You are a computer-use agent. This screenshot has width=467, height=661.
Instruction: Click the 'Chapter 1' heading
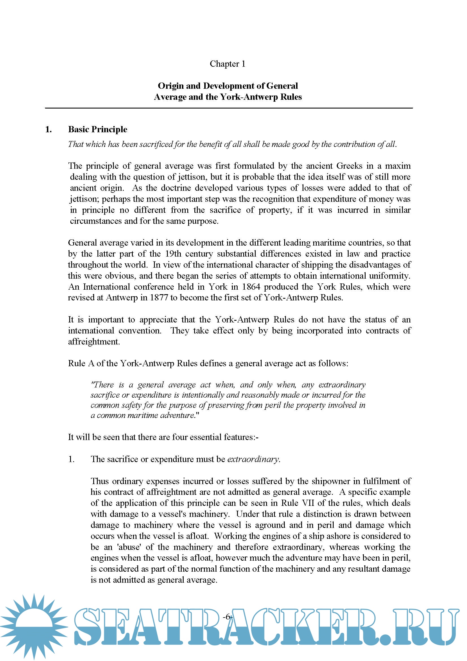[227, 64]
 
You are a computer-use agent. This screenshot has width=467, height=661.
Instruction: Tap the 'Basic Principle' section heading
[97, 129]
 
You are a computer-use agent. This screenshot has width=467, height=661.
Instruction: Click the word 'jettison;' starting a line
[84, 199]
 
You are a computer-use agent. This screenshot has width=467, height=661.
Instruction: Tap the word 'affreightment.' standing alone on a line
[94, 342]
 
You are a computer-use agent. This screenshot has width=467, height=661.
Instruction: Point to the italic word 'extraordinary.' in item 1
[254, 459]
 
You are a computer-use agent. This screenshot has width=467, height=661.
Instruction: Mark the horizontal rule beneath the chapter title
[229, 108]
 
